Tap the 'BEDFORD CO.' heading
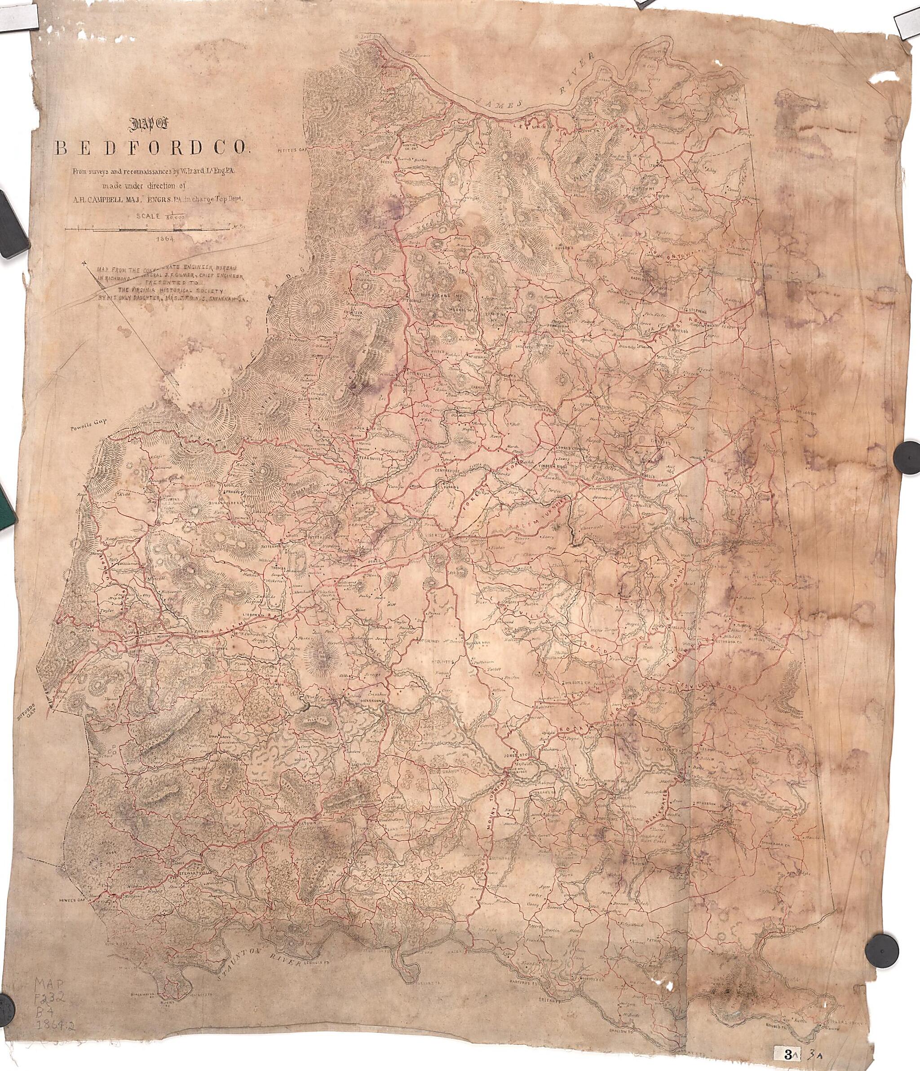click(x=152, y=148)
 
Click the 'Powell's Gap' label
click(x=89, y=421)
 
